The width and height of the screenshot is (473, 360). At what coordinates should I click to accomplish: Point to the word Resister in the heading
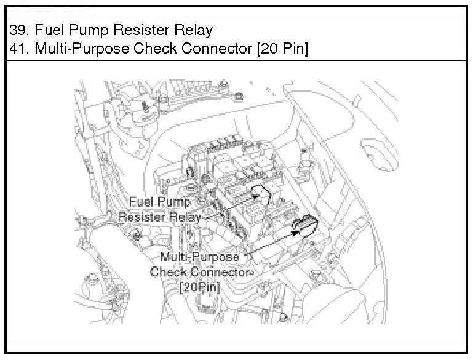point(130,30)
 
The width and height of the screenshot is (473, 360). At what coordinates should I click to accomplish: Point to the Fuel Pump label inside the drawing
point(157,202)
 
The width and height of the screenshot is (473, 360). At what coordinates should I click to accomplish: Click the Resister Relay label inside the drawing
point(159,217)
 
